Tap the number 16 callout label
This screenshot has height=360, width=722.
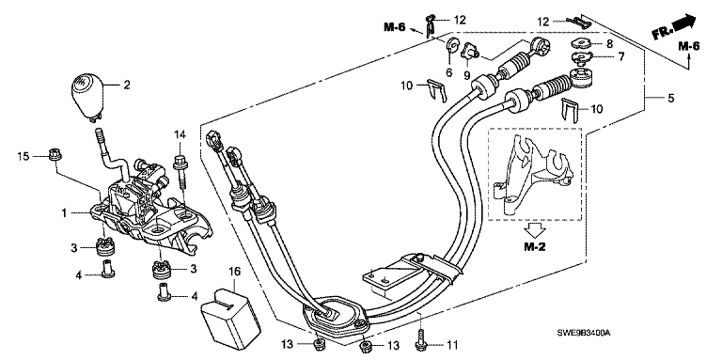[x=234, y=272]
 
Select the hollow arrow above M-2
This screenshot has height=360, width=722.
[x=535, y=228]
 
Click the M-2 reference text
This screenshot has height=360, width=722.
[x=535, y=247]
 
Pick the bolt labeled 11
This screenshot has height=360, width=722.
[x=422, y=338]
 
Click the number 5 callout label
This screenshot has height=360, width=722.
[x=670, y=98]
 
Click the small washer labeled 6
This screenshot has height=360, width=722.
[x=450, y=45]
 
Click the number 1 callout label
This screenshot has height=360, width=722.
[x=65, y=213]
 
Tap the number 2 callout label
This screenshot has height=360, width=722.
[x=126, y=85]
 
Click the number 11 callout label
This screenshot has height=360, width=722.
[x=453, y=344]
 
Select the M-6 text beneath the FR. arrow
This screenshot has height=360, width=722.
[x=689, y=46]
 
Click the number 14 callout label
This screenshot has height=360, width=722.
[x=180, y=135]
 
